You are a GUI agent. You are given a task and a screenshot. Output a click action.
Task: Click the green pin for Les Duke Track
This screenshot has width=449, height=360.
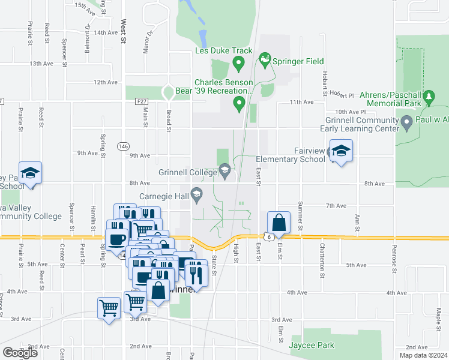click(x=238, y=63)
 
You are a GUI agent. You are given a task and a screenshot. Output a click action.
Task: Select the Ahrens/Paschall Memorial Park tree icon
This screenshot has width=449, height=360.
click(x=429, y=97)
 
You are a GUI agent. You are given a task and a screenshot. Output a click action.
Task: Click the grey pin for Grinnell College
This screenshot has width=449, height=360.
click(x=224, y=172)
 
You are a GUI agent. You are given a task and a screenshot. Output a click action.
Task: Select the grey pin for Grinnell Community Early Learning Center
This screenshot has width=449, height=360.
click(x=407, y=124)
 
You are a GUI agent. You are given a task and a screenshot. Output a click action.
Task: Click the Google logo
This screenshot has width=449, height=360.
click(x=20, y=353)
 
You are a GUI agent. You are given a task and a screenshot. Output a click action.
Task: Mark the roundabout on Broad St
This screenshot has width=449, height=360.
click(x=169, y=92)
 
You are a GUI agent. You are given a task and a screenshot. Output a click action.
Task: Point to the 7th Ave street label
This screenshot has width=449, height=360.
click(x=336, y=206)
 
